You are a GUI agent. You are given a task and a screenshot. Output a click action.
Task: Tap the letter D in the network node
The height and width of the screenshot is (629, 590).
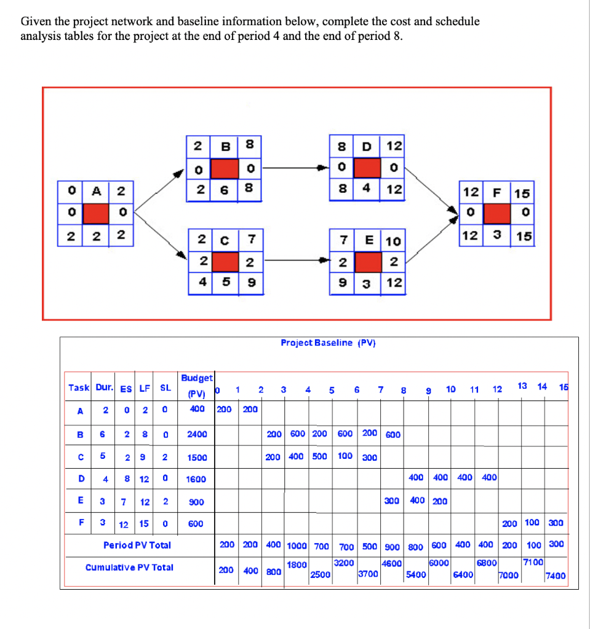[x=367, y=147]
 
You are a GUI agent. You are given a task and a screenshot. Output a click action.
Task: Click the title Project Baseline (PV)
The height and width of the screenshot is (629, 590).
[x=328, y=343]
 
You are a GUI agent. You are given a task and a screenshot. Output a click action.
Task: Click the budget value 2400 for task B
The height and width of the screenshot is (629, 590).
[x=196, y=434]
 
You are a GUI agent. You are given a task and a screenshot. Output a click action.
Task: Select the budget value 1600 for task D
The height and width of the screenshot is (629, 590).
[x=196, y=479]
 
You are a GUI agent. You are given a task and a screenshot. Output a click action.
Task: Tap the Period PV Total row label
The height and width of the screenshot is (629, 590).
[x=137, y=545]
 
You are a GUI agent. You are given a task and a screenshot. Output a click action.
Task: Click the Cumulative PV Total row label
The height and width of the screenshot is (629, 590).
[x=129, y=567]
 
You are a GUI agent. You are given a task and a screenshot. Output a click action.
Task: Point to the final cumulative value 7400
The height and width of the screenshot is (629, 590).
[x=555, y=576]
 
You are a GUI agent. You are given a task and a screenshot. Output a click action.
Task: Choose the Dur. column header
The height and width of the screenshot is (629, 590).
[x=103, y=388]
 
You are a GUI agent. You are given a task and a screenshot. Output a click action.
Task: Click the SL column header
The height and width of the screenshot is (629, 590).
[x=165, y=388]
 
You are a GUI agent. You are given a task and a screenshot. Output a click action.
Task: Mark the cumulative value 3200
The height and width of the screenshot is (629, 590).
[x=343, y=562]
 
